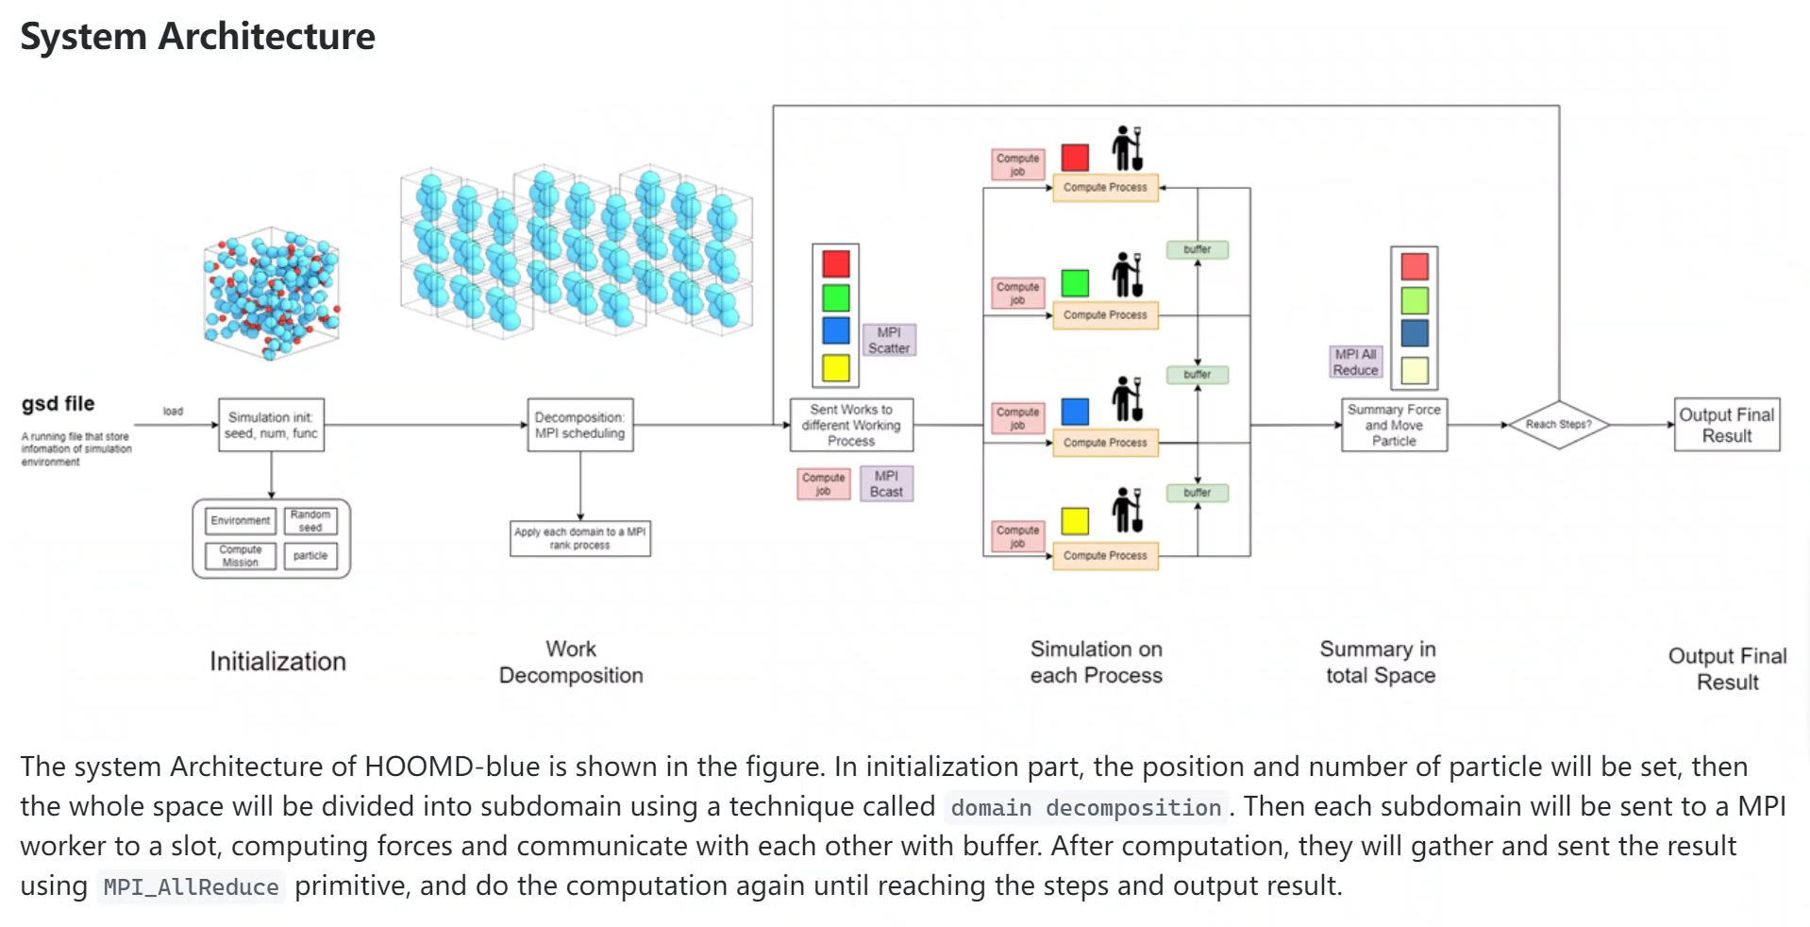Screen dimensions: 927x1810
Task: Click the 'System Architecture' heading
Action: pyautogui.click(x=197, y=37)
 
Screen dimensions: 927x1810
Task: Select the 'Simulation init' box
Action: pyautogui.click(x=271, y=425)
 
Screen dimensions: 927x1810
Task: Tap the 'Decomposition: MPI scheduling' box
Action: pyautogui.click(x=579, y=425)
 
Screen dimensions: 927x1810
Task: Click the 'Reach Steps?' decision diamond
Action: pyautogui.click(x=1558, y=425)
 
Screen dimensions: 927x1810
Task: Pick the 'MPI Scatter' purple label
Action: pyautogui.click(x=888, y=340)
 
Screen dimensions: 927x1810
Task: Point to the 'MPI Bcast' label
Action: pyautogui.click(x=886, y=483)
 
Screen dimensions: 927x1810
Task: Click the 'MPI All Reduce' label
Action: pyautogui.click(x=1355, y=362)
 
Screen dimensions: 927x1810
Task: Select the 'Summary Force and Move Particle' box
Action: pyautogui.click(x=1394, y=425)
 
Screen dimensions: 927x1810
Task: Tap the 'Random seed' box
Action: pyautogui.click(x=310, y=520)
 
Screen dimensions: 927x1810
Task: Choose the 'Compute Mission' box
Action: pyautogui.click(x=241, y=556)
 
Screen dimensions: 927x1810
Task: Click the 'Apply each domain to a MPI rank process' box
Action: pyautogui.click(x=579, y=538)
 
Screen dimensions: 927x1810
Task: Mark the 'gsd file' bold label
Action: pyautogui.click(x=59, y=404)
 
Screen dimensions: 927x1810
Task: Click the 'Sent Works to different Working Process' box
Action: pyautogui.click(x=850, y=425)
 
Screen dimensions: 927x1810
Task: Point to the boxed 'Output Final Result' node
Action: pyautogui.click(x=1726, y=425)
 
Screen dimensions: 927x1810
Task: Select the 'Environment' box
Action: pyautogui.click(x=241, y=520)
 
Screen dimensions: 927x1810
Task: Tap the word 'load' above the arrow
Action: pyautogui.click(x=173, y=412)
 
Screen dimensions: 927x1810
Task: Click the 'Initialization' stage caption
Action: pyautogui.click(x=277, y=662)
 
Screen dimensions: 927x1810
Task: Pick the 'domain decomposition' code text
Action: pyautogui.click(x=1085, y=808)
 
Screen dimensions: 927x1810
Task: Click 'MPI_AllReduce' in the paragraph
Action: pyautogui.click(x=191, y=887)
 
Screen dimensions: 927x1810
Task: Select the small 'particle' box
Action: pyautogui.click(x=310, y=556)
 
